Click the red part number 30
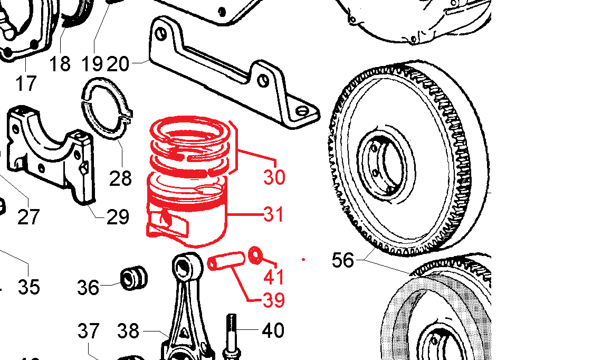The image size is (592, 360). click(x=274, y=177)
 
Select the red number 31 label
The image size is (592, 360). click(x=274, y=214)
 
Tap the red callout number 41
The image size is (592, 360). click(x=274, y=277)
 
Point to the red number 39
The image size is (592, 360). click(x=274, y=300)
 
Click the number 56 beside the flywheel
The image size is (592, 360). click(x=343, y=260)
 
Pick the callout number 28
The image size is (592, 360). click(x=120, y=178)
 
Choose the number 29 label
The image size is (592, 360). click(x=118, y=217)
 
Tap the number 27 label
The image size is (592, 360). click(x=28, y=217)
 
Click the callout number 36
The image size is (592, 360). click(x=88, y=288)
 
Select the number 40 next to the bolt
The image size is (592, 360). click(x=273, y=330)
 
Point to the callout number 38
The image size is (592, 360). click(x=128, y=331)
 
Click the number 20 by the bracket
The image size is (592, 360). click(x=118, y=64)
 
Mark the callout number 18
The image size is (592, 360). click(x=60, y=64)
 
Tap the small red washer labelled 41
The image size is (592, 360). click(x=255, y=255)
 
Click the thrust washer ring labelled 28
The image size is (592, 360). click(x=107, y=108)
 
